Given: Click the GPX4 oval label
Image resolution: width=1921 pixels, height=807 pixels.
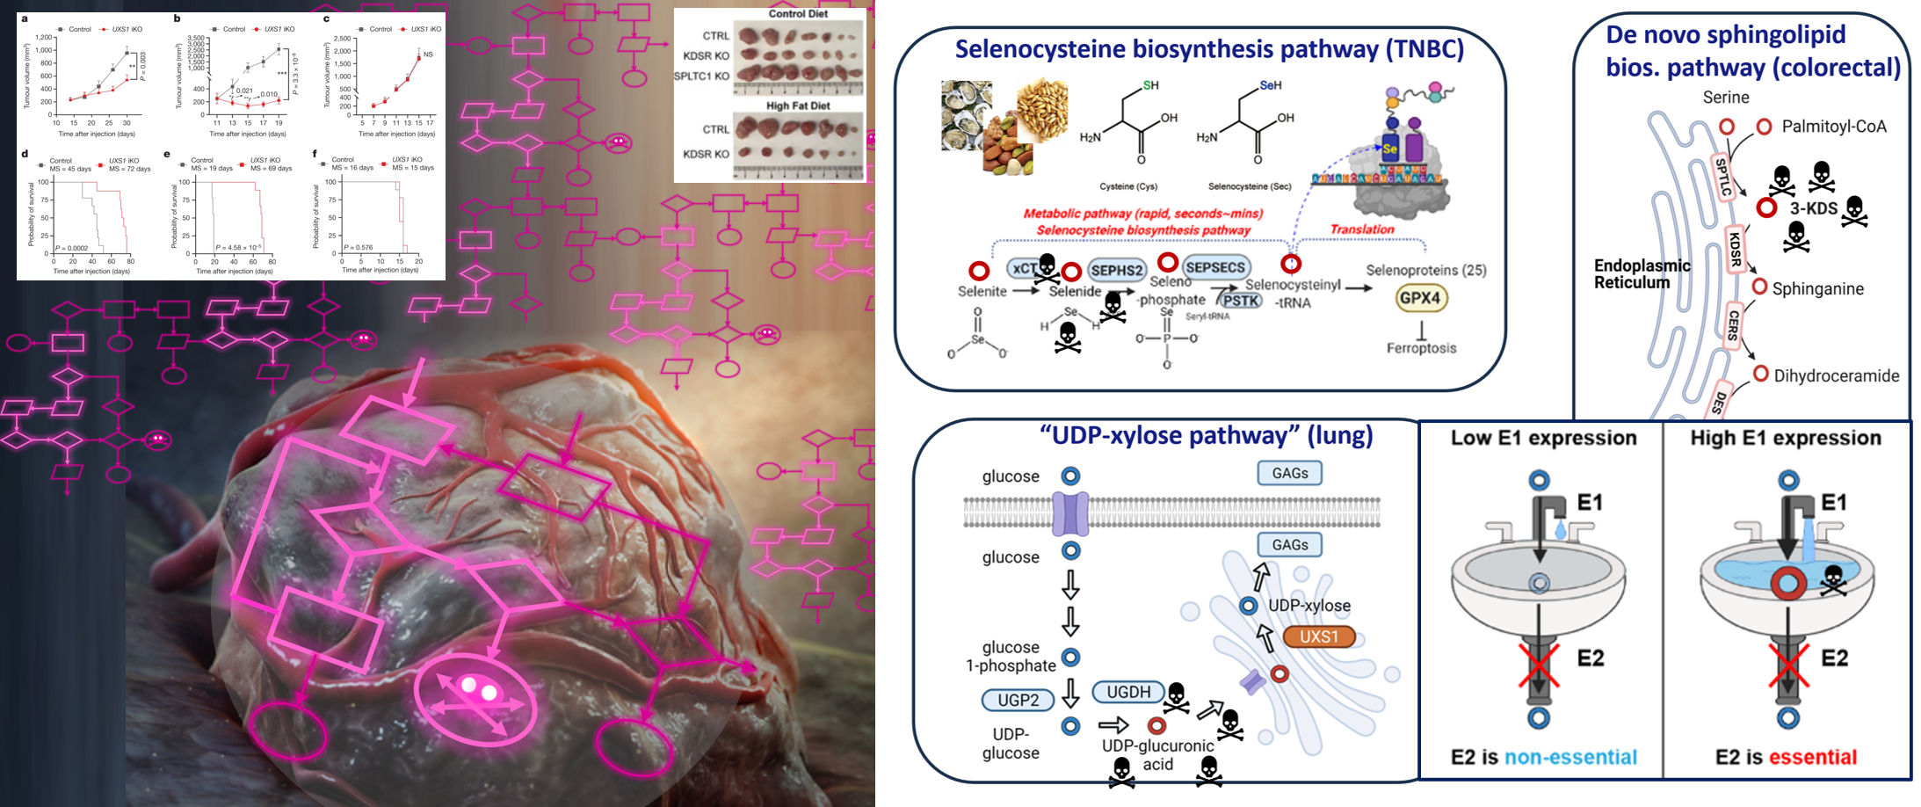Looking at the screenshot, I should [x=1420, y=298].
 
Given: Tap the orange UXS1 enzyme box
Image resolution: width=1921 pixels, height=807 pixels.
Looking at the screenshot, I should [x=1319, y=636].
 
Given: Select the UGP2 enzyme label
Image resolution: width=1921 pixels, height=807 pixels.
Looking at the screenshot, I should [x=1018, y=700].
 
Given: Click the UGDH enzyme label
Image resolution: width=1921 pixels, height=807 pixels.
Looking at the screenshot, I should [x=1128, y=692].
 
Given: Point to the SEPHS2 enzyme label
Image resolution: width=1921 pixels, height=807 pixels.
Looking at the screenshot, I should [x=1117, y=271].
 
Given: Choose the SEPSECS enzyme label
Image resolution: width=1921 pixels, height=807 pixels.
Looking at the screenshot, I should [x=1215, y=267].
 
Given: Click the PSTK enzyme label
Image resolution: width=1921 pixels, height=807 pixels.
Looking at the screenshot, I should [x=1241, y=301].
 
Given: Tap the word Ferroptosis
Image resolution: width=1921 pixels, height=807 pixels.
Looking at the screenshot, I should [x=1421, y=348].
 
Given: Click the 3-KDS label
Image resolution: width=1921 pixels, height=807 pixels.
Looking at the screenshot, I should [x=1814, y=208].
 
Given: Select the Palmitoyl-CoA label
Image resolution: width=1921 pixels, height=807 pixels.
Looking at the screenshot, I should [x=1834, y=127].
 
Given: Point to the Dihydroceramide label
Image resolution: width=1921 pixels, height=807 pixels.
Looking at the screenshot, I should [x=1836, y=376].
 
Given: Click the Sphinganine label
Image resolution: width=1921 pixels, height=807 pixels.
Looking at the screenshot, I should [x=1817, y=288].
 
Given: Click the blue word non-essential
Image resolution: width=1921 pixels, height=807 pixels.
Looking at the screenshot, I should [x=1570, y=757].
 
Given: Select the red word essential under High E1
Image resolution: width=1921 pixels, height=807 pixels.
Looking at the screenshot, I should [x=1812, y=757].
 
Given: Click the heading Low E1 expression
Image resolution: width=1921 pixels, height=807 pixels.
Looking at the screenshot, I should [x=1543, y=438].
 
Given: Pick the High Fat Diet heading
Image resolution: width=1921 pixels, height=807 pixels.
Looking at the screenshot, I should [x=797, y=105].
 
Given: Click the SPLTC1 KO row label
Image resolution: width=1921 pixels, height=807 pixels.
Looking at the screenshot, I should [x=701, y=76].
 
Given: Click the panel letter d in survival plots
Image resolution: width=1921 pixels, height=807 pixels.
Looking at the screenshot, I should [x=25, y=154].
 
